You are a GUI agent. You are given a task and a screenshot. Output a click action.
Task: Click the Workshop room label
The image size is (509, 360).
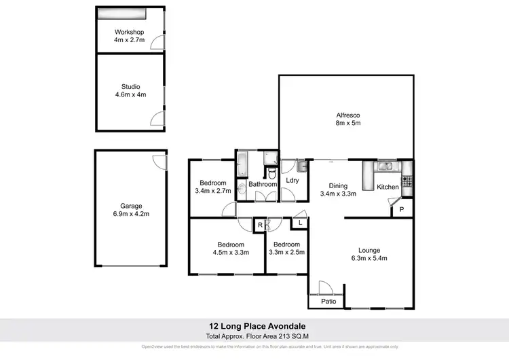129,32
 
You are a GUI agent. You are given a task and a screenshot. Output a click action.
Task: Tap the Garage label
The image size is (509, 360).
131,206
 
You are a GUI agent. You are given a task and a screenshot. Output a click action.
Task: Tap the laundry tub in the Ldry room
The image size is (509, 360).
302,166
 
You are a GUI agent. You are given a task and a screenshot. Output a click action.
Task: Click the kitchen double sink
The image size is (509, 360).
385,165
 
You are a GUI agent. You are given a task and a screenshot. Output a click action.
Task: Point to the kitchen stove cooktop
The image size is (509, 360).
407,181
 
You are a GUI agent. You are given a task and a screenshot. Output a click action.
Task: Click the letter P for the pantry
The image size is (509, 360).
401,210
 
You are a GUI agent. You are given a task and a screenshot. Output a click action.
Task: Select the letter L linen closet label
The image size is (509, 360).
299,222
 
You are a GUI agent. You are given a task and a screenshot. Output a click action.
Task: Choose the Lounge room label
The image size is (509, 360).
369,250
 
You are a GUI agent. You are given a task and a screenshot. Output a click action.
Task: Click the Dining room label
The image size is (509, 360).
338,186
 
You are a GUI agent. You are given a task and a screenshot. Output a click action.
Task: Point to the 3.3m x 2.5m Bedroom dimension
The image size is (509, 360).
286,253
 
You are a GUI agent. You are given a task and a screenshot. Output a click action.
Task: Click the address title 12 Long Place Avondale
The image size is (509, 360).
254,326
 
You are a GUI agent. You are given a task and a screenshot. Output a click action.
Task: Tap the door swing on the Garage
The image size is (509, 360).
159,161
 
